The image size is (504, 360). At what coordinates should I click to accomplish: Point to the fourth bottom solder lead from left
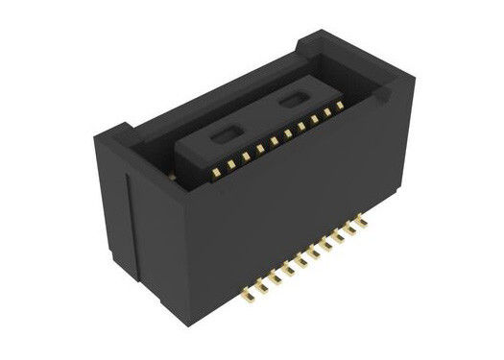pyautogui.click(x=292, y=266)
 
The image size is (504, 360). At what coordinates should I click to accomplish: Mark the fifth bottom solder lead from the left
pyautogui.click(x=305, y=259)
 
